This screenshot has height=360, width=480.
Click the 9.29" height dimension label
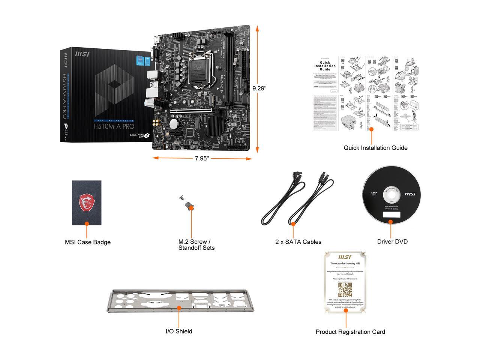[x=259, y=88]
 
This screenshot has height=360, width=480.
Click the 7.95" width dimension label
[x=201, y=158]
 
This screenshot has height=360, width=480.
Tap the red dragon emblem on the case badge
[x=87, y=202]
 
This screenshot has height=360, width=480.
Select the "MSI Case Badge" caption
[x=88, y=242]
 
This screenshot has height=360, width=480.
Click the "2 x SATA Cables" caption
[x=298, y=242]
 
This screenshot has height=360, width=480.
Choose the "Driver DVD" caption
[x=392, y=241]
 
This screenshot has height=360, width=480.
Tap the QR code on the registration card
[x=345, y=289]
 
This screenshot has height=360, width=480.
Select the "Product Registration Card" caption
[x=350, y=332]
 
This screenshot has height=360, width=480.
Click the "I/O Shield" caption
[x=179, y=331]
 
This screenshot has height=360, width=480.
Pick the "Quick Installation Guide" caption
[x=375, y=148]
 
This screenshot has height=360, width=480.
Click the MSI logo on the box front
[x=83, y=55]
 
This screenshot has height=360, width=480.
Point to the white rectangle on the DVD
[x=391, y=215]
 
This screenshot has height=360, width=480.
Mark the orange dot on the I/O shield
[x=179, y=307]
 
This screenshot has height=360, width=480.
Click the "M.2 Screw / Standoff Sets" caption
[x=196, y=245]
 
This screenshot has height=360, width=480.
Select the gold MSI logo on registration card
[x=345, y=257]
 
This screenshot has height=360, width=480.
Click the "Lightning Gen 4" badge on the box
[x=140, y=136]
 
